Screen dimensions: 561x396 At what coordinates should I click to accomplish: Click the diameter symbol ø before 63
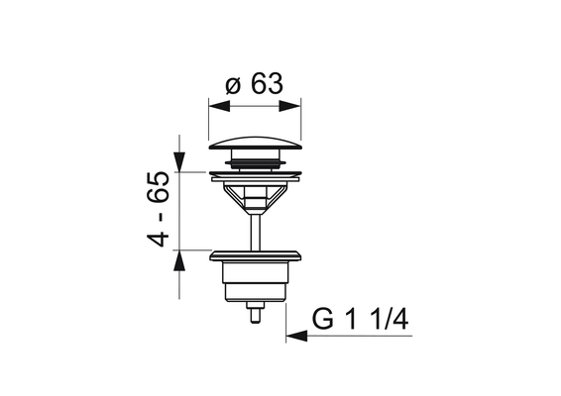click(233, 86)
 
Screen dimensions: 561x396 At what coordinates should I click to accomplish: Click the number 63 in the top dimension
click(267, 83)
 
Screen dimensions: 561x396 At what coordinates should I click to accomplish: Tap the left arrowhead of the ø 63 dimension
click(219, 106)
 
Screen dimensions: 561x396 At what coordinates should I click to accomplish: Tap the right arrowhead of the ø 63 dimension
click(289, 106)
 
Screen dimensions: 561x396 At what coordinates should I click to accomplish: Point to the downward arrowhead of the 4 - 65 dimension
click(179, 162)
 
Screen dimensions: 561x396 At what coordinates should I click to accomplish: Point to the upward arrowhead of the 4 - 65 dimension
click(179, 260)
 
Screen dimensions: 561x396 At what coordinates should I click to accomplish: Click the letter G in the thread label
click(323, 319)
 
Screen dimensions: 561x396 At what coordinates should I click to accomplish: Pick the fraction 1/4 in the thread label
click(390, 319)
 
